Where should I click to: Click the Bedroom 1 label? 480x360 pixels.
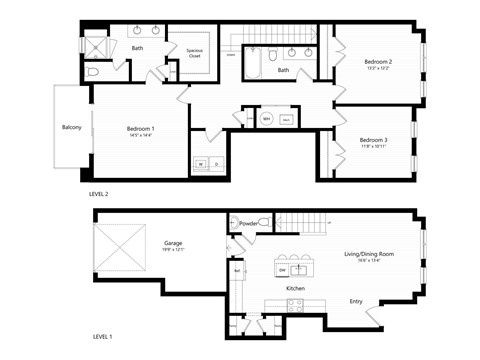[x=140, y=129]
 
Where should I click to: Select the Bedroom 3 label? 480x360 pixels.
[x=372, y=140]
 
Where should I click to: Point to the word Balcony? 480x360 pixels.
[x=71, y=127]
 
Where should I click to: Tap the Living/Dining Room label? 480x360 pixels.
[x=370, y=255]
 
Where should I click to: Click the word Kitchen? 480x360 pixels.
[x=295, y=288]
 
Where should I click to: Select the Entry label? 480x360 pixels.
[x=355, y=301]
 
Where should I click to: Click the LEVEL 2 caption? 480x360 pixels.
[x=99, y=193]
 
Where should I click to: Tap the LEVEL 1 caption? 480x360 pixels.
[x=102, y=337]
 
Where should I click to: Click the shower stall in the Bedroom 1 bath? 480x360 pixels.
[x=97, y=45]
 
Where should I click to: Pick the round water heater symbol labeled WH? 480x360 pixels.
[x=266, y=119]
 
